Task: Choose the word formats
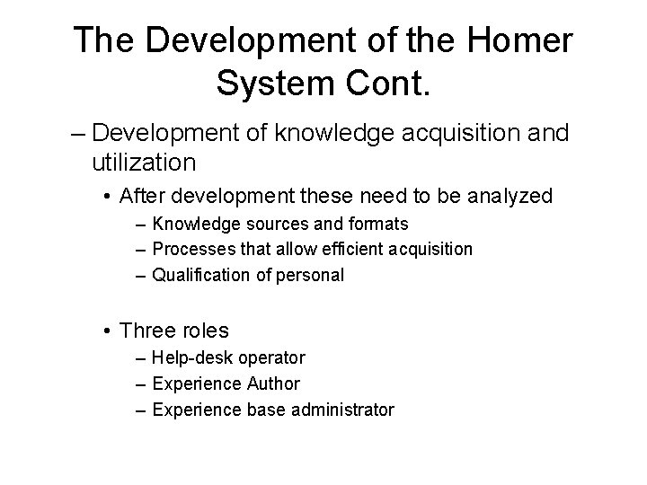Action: coord(378,224)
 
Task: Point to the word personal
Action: coord(311,275)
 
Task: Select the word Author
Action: coord(273,384)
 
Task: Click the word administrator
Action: coord(345,410)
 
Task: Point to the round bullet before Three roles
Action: coord(107,331)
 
